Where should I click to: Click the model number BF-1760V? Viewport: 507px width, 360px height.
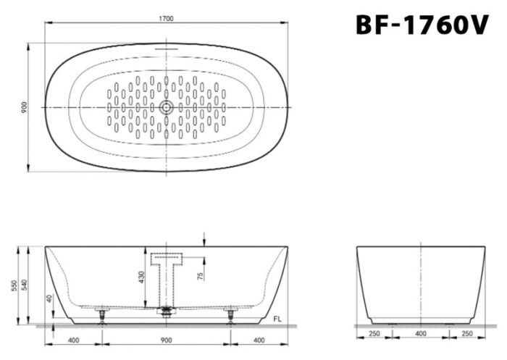tap(422, 25)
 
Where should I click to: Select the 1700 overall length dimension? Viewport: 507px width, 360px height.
tap(167, 20)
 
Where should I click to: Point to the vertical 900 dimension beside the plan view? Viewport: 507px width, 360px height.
tap(24, 107)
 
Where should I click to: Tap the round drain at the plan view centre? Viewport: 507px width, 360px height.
tap(167, 107)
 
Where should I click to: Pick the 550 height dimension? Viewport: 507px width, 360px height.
tap(13, 285)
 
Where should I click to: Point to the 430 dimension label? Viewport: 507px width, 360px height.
tap(142, 277)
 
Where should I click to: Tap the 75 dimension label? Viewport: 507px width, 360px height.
tap(200, 272)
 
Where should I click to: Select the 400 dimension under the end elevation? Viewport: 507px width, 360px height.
tap(421, 334)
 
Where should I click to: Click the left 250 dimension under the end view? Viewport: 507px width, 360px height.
tap(374, 334)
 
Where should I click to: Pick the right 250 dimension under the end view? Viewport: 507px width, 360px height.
tap(467, 334)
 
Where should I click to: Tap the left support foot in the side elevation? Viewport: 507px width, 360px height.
tap(102, 315)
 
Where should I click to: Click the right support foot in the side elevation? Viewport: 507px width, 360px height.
tap(230, 315)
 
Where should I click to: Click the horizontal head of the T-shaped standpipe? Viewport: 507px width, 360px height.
tap(167, 258)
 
